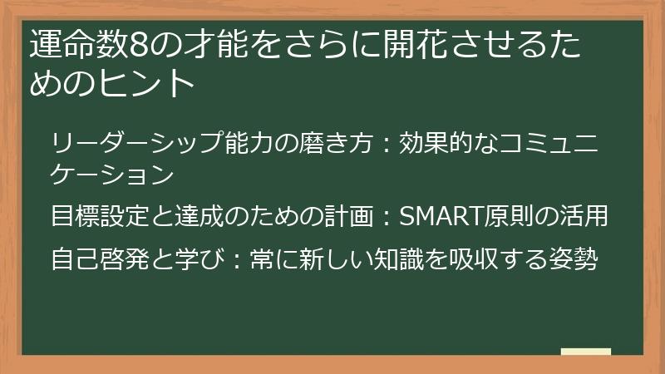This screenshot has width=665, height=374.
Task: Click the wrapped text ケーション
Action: [x=112, y=175]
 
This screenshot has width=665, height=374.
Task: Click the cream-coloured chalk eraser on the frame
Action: [x=585, y=352]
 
